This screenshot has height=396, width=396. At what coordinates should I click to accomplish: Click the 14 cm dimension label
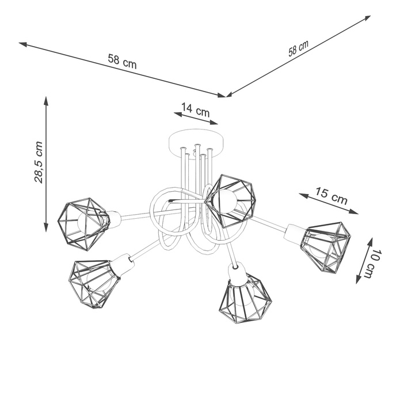coord(196,109)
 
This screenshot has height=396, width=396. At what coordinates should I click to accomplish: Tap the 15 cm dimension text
coord(331,196)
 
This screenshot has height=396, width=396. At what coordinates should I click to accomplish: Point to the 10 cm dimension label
coord(375,262)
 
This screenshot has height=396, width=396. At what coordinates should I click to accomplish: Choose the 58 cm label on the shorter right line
coord(298,49)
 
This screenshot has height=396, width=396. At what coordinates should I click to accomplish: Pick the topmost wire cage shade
coord(230,199)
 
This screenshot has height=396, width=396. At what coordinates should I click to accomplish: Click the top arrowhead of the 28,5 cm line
coord(46,100)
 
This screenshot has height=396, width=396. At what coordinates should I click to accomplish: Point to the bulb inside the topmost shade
coord(226,199)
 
